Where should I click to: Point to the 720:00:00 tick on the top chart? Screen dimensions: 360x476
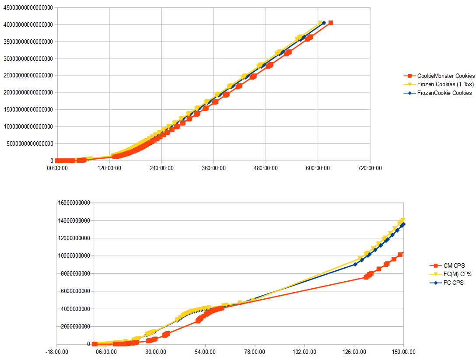pos(370,168)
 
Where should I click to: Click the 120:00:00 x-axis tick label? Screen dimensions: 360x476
pos(109,168)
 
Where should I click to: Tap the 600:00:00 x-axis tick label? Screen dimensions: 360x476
pos(318,168)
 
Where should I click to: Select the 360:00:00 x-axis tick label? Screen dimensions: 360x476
pos(213,168)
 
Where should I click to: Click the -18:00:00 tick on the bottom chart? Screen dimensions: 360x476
pos(57,351)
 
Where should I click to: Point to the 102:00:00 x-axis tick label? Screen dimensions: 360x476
pos(304,351)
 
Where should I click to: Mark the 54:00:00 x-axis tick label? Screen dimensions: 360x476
pos(205,351)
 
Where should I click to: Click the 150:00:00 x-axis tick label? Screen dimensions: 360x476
pos(403,351)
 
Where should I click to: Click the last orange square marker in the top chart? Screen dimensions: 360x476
pos(331,23)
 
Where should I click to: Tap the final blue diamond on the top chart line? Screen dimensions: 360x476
pos(324,23)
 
